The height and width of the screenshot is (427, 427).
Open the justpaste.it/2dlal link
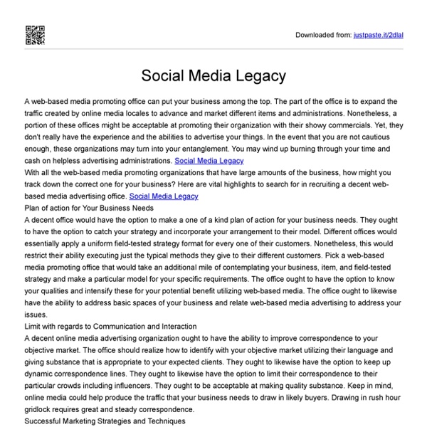pyautogui.click(x=379, y=34)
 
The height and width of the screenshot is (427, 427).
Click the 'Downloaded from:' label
pyautogui.click(x=322, y=34)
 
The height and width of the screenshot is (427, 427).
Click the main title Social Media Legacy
pyautogui.click(x=213, y=75)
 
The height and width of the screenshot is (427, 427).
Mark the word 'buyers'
pyautogui.click(x=381, y=396)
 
